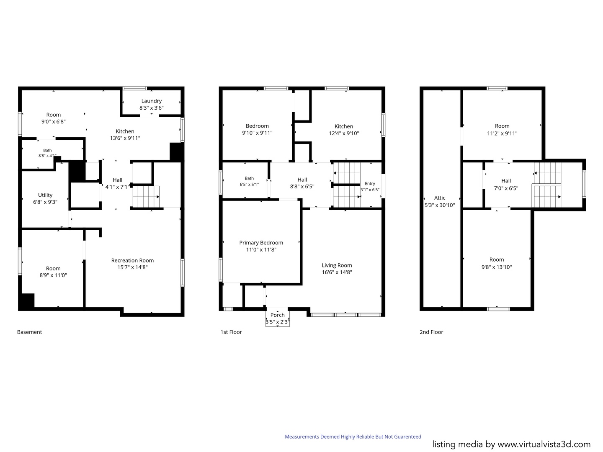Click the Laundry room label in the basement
(x=151, y=101)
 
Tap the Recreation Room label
(x=132, y=260)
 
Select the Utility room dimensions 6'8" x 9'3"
(x=45, y=202)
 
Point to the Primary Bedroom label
(x=261, y=243)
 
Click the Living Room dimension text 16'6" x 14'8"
(x=337, y=272)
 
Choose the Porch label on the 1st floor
(x=278, y=315)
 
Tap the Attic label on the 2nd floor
(x=440, y=198)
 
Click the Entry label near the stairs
(x=370, y=184)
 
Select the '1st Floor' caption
(x=231, y=332)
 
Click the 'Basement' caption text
(x=29, y=332)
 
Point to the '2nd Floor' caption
(x=431, y=332)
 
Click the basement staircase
(x=146, y=197)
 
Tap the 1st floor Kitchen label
(x=344, y=126)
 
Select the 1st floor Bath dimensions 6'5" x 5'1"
(x=249, y=185)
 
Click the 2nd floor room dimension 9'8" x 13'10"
(x=496, y=267)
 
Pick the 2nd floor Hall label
(x=506, y=181)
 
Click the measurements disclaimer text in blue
(x=353, y=437)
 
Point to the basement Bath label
(x=47, y=150)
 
